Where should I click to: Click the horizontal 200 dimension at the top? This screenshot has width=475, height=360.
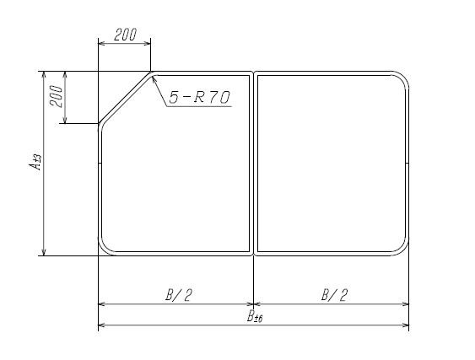pyautogui.click(x=125, y=35)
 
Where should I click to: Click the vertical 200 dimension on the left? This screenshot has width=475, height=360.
pyautogui.click(x=56, y=97)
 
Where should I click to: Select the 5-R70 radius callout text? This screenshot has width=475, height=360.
pyautogui.click(x=199, y=98)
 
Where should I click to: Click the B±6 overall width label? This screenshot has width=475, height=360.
pyautogui.click(x=253, y=317)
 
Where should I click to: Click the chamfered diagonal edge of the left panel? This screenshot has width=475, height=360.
pyautogui.click(x=125, y=99)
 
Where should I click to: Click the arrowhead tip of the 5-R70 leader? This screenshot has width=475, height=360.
pyautogui.click(x=152, y=78)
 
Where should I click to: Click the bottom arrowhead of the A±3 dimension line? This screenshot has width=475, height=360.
pyautogui.click(x=43, y=252)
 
